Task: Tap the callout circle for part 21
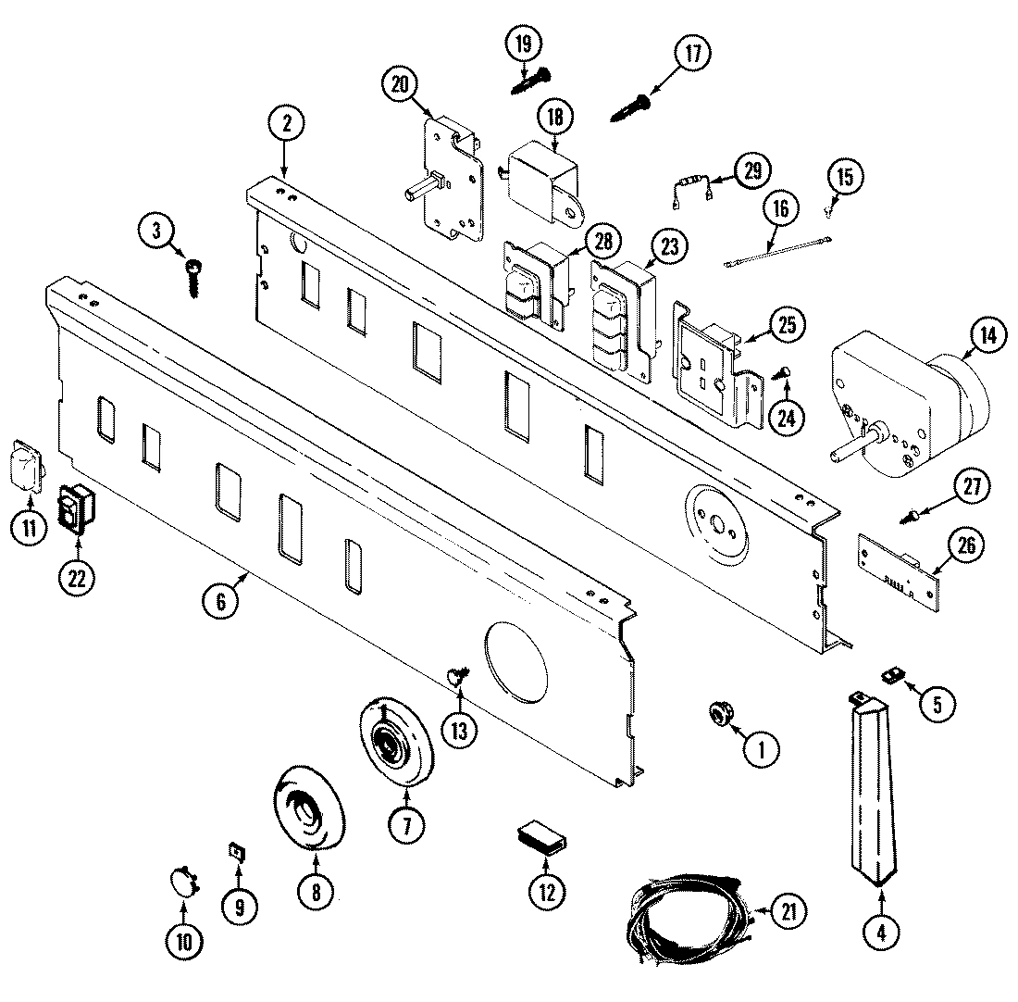[x=787, y=911]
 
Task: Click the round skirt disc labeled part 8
[x=310, y=804]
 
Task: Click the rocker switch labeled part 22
[x=78, y=508]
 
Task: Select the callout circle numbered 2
[x=286, y=121]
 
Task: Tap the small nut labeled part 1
[x=718, y=711]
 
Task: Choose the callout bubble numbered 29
[x=751, y=170]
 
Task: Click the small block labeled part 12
[x=543, y=839]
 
